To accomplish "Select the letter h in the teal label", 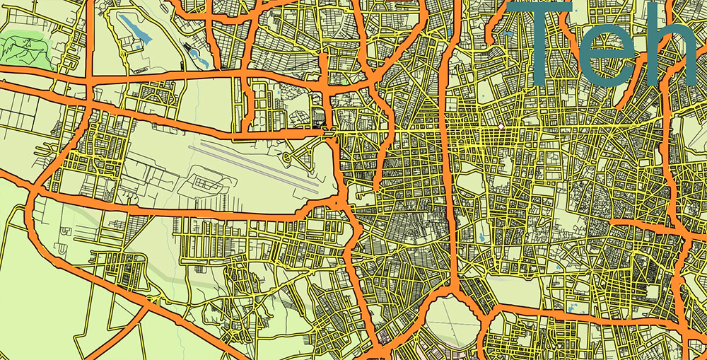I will pos(675,50).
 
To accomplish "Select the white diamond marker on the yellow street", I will pos(500,127).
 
